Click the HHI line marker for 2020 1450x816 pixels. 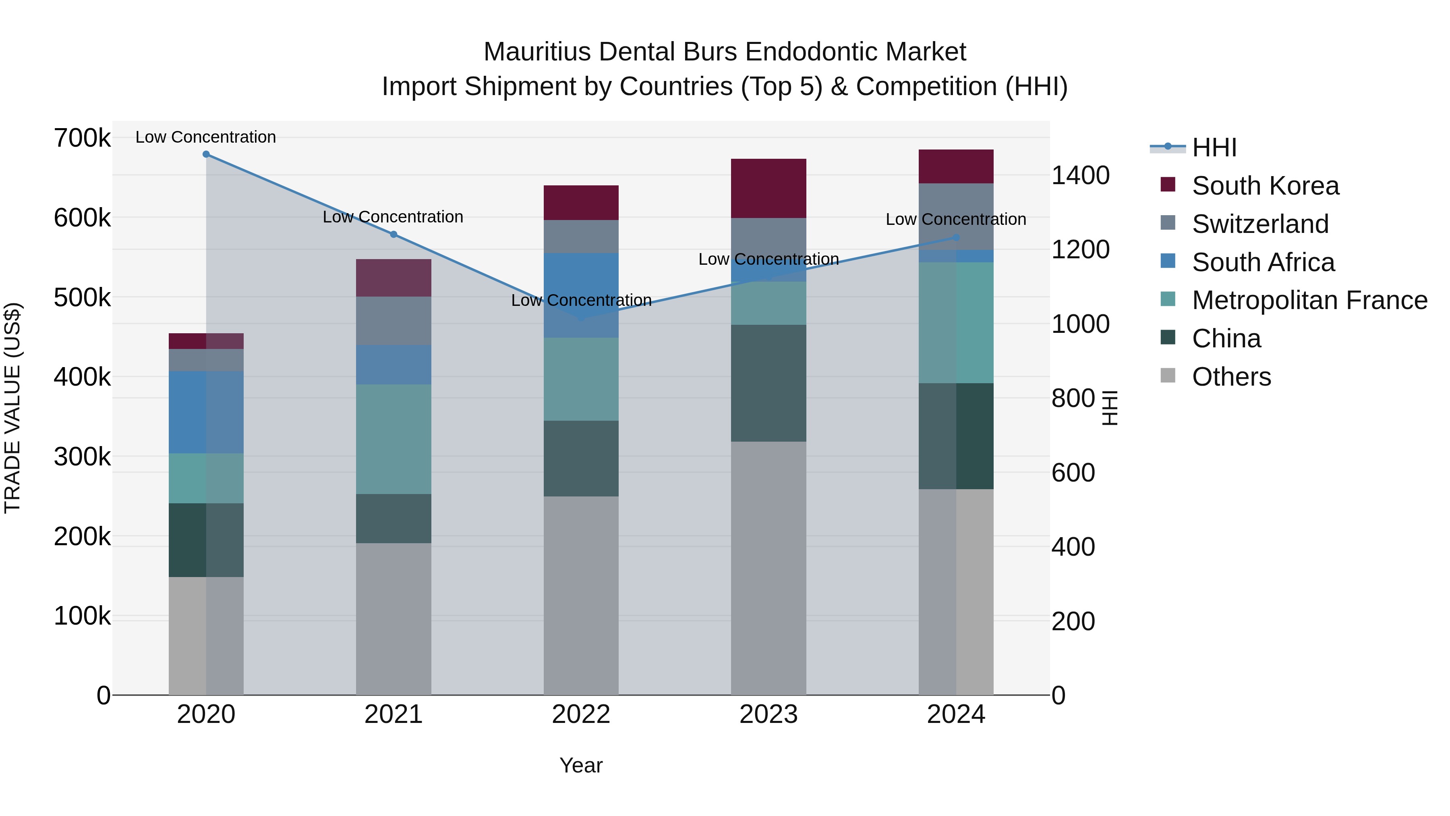point(206,154)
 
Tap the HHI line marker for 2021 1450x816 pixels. point(394,234)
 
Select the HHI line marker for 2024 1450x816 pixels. point(956,238)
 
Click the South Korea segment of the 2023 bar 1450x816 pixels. point(768,188)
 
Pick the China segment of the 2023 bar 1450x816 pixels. point(768,383)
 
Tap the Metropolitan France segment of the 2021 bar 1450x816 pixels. point(394,439)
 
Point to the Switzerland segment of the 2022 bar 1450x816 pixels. point(581,237)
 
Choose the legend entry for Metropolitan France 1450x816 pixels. point(1309,300)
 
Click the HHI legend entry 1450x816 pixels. point(1214,147)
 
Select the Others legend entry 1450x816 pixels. point(1231,377)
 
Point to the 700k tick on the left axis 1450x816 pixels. point(82,138)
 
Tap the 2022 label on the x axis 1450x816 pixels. point(581,714)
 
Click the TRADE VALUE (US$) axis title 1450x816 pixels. point(12,408)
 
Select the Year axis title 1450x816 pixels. point(581,765)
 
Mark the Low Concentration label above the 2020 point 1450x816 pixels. point(205,137)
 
